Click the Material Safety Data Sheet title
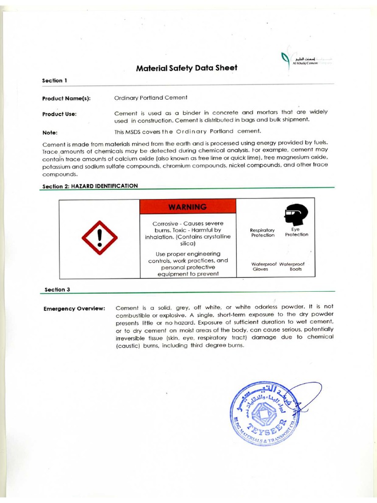(x=186, y=68)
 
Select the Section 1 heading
(x=52, y=80)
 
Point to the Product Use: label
(x=59, y=114)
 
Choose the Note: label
(x=50, y=132)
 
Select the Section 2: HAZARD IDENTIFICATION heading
(x=90, y=186)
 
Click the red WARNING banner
(x=188, y=206)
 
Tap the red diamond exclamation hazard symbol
(x=100, y=238)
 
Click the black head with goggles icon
(x=296, y=215)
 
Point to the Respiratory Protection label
(x=263, y=232)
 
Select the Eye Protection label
(x=296, y=232)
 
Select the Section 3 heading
(x=57, y=289)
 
